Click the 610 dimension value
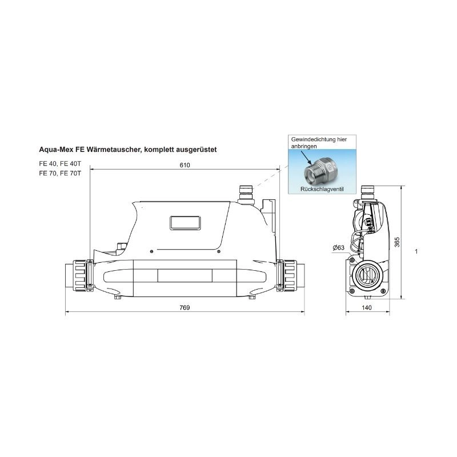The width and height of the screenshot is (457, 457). point(185,165)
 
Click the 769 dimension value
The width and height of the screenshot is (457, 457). point(185,307)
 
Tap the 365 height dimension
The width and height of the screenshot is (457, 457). point(397,242)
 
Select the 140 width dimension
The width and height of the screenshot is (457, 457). point(367,307)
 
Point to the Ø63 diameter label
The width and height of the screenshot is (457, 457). point(338,248)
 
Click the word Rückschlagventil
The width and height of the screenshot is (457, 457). point(322,189)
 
